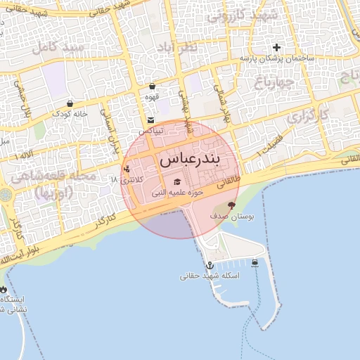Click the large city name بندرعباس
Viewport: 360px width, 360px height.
point(190,160)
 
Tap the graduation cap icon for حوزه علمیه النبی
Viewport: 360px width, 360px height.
point(176,182)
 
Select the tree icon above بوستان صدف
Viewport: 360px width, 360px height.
point(231,206)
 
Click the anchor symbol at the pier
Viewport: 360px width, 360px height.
point(209,265)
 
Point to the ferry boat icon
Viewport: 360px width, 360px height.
point(255,263)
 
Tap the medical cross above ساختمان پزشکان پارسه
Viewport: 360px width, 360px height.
point(277,48)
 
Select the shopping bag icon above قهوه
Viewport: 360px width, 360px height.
point(152,86)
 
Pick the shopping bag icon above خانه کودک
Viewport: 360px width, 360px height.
point(70,103)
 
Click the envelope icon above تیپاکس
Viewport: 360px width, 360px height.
point(151,120)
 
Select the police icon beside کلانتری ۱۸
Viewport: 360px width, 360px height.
point(126,169)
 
